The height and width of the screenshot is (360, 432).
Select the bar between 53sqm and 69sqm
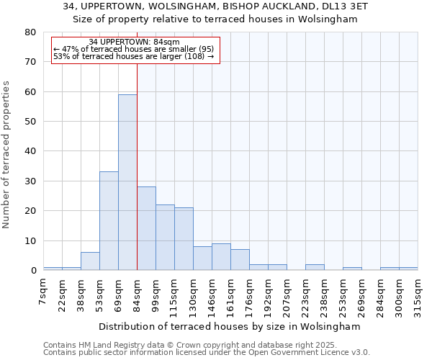[109, 220]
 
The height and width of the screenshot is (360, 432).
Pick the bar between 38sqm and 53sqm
[90, 261]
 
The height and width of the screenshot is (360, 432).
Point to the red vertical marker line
[137, 166]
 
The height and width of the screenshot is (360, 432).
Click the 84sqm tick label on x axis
[138, 292]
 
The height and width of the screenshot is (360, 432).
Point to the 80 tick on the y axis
[30, 32]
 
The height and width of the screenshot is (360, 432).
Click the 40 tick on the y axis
[30, 151]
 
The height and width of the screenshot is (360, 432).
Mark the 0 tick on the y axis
[32, 271]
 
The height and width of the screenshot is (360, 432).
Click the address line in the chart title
[215, 6]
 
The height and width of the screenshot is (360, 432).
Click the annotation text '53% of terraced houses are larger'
[134, 56]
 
